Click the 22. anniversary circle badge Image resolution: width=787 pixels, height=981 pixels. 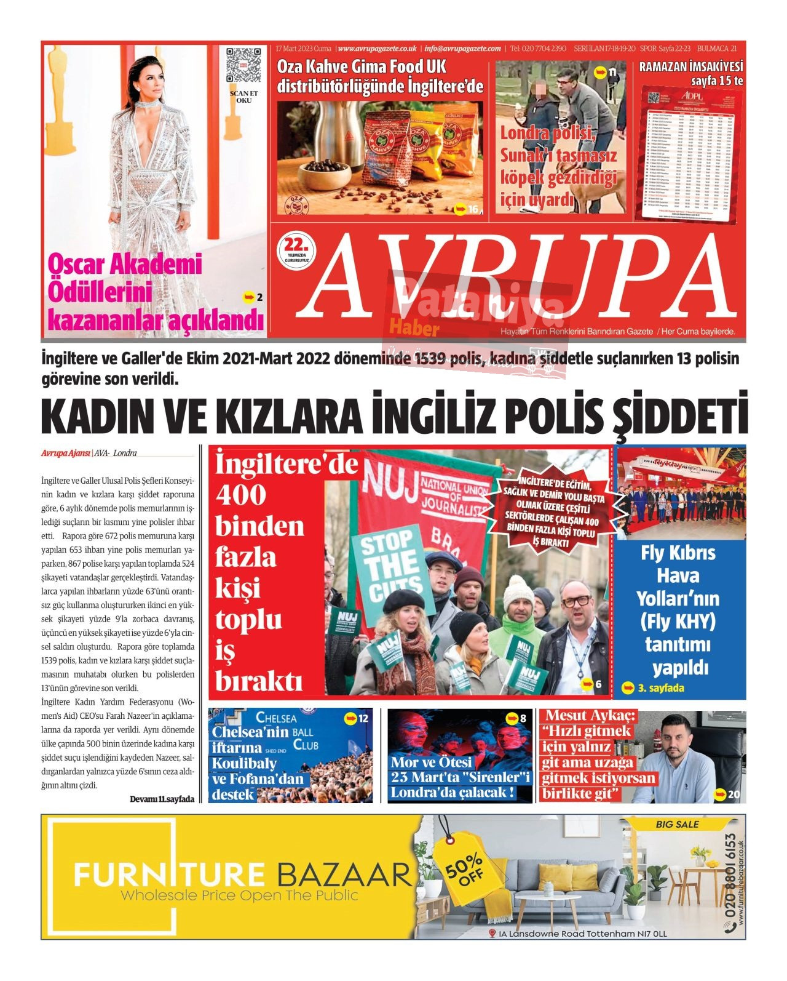pyautogui.click(x=296, y=250)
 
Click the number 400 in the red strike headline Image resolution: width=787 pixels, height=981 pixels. pyautogui.click(x=241, y=495)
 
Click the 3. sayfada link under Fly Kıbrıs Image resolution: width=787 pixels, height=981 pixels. pyautogui.click(x=654, y=688)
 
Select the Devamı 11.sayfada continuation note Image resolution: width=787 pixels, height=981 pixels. pyautogui.click(x=162, y=799)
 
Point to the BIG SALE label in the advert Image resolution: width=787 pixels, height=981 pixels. pyautogui.click(x=677, y=824)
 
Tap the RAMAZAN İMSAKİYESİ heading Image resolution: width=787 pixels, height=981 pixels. pyautogui.click(x=691, y=66)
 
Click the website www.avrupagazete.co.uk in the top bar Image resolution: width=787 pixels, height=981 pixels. pyautogui.click(x=378, y=49)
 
